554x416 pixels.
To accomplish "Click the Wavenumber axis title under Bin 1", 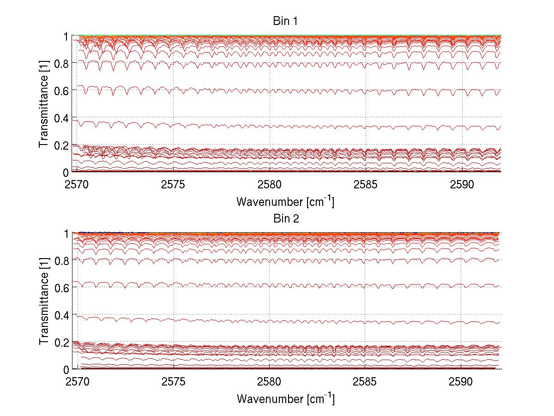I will [x=285, y=201].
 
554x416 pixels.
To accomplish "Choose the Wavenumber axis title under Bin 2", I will [x=285, y=398].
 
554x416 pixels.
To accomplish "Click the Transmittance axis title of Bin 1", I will [x=44, y=104].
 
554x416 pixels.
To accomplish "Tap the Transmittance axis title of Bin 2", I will [x=44, y=301].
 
